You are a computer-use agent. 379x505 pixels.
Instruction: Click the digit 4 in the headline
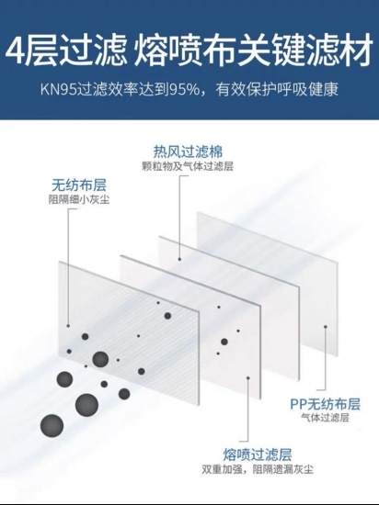pos(17,51)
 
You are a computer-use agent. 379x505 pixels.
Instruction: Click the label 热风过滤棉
pos(188,151)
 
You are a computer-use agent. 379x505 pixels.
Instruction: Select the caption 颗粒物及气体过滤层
pos(188,166)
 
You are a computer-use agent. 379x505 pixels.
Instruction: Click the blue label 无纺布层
pos(79,185)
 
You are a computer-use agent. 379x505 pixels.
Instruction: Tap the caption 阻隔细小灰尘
pos(79,199)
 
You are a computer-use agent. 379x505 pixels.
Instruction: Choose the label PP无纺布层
pos(325,404)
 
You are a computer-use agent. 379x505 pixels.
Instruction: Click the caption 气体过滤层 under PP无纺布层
pos(325,418)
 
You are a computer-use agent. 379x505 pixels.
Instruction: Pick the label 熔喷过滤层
pos(258,454)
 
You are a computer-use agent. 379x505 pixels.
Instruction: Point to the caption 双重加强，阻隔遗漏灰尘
pos(258,469)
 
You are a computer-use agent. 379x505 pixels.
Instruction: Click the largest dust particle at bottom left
pos(52,426)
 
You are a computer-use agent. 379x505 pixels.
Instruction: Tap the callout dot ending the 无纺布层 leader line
pos(68,326)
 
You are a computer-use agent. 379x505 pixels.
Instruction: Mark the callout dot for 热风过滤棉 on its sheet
pos(179,259)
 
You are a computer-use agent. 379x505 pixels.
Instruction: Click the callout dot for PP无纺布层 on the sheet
pos(326,327)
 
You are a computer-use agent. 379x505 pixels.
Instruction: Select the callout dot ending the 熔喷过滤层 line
pos(247,377)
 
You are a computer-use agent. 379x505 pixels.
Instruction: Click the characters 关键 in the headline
pos(269,51)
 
